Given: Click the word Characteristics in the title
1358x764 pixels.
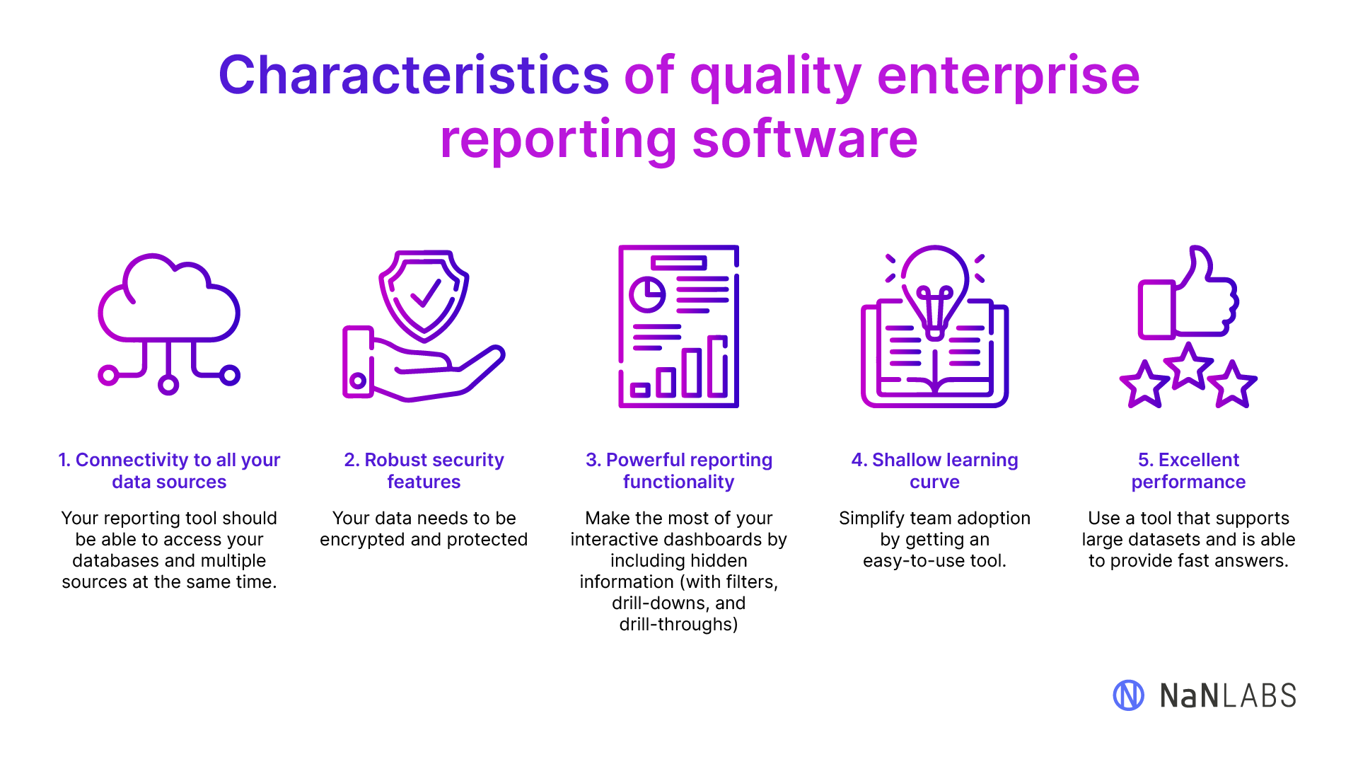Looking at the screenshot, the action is click(x=414, y=75).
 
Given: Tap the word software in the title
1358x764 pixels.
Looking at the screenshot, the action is click(x=805, y=139).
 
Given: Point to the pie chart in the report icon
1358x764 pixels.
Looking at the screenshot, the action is click(x=647, y=295).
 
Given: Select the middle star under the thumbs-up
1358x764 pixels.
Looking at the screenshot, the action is click(x=1189, y=366).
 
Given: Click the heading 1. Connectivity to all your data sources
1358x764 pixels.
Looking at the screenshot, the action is click(x=169, y=470).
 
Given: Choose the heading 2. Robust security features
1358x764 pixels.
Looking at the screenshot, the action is click(x=424, y=470).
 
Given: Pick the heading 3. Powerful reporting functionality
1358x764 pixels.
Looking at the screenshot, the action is click(x=679, y=470).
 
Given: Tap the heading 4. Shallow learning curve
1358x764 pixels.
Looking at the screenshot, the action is click(x=934, y=470).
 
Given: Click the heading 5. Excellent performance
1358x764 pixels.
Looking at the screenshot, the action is click(x=1188, y=470).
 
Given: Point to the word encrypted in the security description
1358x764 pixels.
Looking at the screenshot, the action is click(x=362, y=540).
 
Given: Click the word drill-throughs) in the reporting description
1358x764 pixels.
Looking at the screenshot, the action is click(x=679, y=625).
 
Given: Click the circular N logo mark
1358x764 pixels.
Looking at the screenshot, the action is click(x=1129, y=695).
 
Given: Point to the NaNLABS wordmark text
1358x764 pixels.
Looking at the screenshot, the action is click(x=1228, y=696).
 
